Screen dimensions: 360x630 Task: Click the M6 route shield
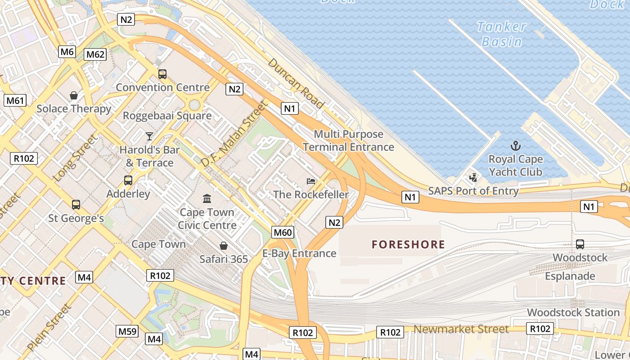(67, 52)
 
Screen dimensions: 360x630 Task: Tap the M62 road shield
(95, 55)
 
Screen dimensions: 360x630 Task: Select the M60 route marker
(283, 232)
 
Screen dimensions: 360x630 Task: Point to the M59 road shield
(127, 332)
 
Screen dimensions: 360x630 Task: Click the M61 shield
(15, 100)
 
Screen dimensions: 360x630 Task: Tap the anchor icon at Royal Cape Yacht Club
(516, 146)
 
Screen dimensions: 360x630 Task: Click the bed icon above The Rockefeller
(311, 181)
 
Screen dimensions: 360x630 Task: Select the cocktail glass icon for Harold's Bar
(149, 136)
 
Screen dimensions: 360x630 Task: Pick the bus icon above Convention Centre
(162, 74)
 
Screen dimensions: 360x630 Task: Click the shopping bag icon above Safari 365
(224, 246)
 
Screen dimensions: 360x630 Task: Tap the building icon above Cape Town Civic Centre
(207, 198)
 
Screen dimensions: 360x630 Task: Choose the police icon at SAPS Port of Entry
(473, 177)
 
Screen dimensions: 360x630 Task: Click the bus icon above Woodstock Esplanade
(580, 244)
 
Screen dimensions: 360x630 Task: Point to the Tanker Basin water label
(502, 34)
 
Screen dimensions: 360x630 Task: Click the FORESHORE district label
(408, 245)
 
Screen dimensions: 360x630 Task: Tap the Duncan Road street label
(296, 83)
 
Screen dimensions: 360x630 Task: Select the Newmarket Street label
(461, 329)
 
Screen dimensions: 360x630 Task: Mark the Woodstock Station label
(573, 312)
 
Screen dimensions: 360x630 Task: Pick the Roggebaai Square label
(167, 116)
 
